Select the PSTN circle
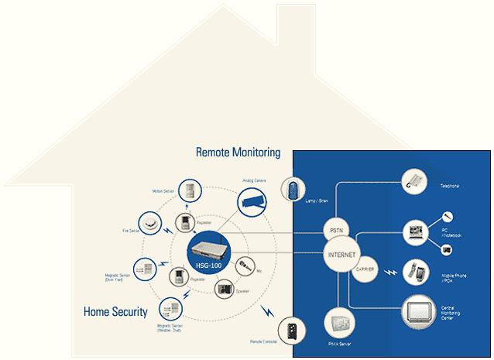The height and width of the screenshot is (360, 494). pyautogui.click(x=335, y=229)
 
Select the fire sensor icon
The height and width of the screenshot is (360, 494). pyautogui.click(x=150, y=224)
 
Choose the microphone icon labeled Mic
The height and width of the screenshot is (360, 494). pyautogui.click(x=244, y=267)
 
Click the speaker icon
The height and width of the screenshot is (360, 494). pyautogui.click(x=224, y=289)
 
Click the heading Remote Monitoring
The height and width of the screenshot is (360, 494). pyautogui.click(x=238, y=153)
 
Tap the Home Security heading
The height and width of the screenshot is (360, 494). pyautogui.click(x=115, y=312)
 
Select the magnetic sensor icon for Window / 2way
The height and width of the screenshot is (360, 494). pyautogui.click(x=170, y=310)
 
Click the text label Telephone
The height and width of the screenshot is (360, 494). pyautogui.click(x=449, y=186)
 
